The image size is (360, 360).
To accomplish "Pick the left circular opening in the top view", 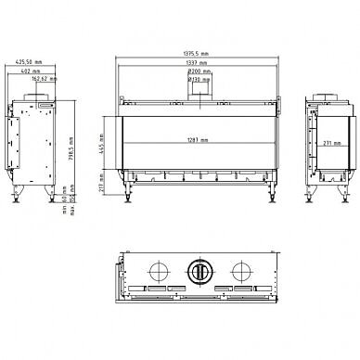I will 158,270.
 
